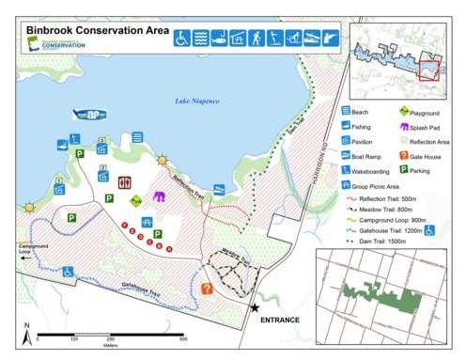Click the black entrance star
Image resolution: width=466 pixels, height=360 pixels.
(x=255, y=307)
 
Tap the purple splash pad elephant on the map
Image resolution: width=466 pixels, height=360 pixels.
(x=160, y=197)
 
